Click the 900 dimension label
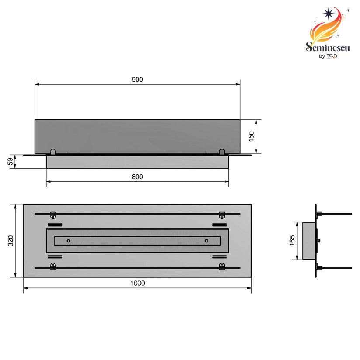point(138,80)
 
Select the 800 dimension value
point(138,177)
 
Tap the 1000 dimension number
point(137,283)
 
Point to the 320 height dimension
point(11,241)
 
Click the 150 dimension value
point(251,136)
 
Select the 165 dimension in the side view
point(292,240)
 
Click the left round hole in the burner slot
point(68,241)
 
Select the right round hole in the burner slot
point(206,241)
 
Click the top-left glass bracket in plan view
point(53,215)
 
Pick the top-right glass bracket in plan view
point(222,215)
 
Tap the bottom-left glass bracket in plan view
point(53,267)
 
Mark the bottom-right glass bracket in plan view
point(222,267)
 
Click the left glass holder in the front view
point(53,152)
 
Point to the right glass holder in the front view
point(222,152)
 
